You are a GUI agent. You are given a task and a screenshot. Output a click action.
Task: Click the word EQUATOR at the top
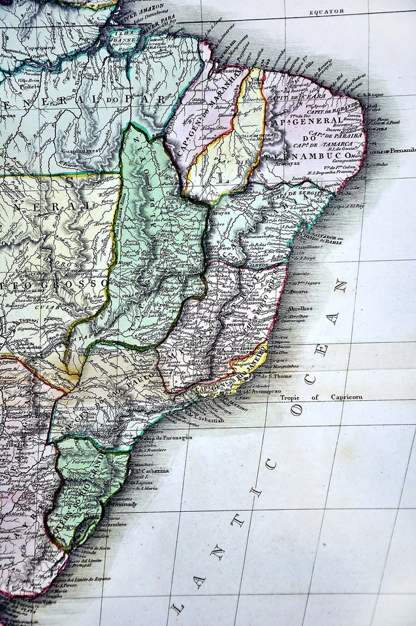[x=327, y=12]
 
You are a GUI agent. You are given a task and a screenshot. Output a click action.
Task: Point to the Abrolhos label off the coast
[x=299, y=308]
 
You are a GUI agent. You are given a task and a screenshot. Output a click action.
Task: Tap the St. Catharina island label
[x=152, y=470]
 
